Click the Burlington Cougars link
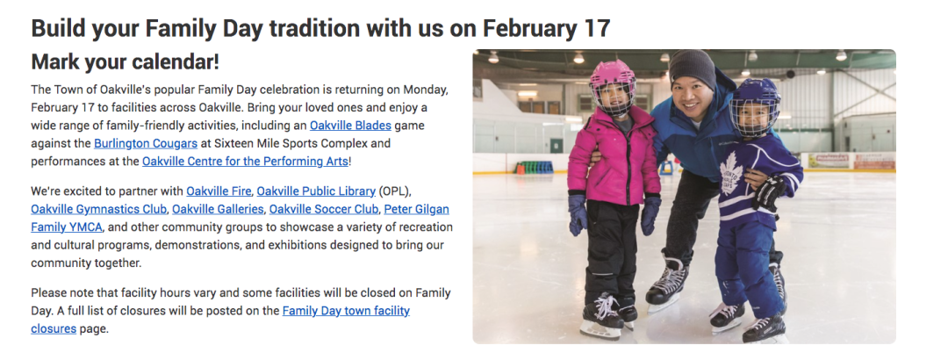tap(146, 144)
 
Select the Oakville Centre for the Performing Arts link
tap(245, 162)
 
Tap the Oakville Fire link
tap(219, 191)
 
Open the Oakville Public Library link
tap(316, 191)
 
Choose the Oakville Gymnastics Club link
tap(99, 209)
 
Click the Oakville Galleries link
tap(219, 209)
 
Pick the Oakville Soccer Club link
tap(324, 209)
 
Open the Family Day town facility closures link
tap(220, 320)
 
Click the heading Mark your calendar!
tap(126, 61)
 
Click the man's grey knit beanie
tap(693, 65)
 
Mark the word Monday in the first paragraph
tap(426, 90)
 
